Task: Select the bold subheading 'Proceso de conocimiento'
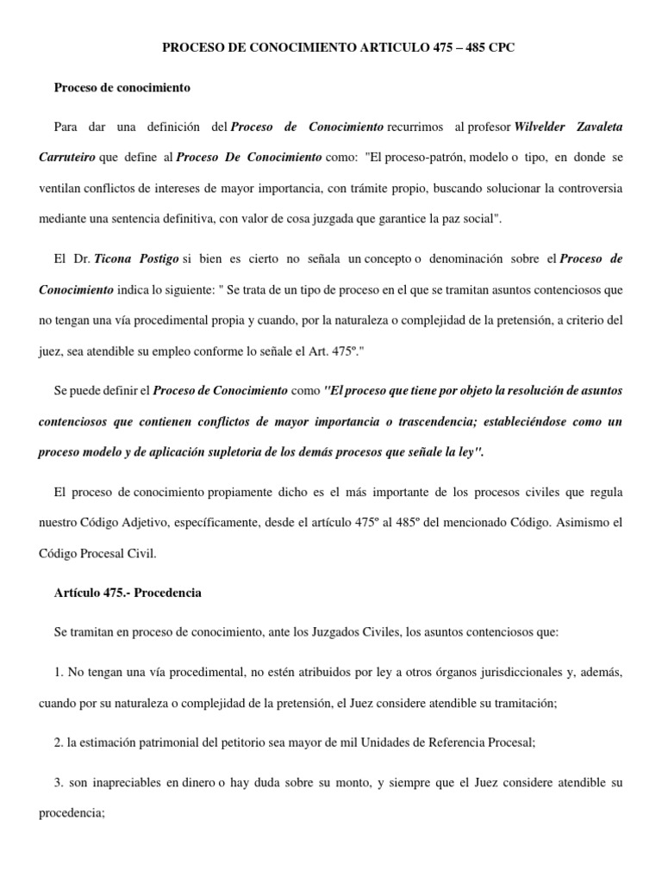point(122,88)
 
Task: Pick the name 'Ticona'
point(121,258)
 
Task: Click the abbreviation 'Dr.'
point(83,258)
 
